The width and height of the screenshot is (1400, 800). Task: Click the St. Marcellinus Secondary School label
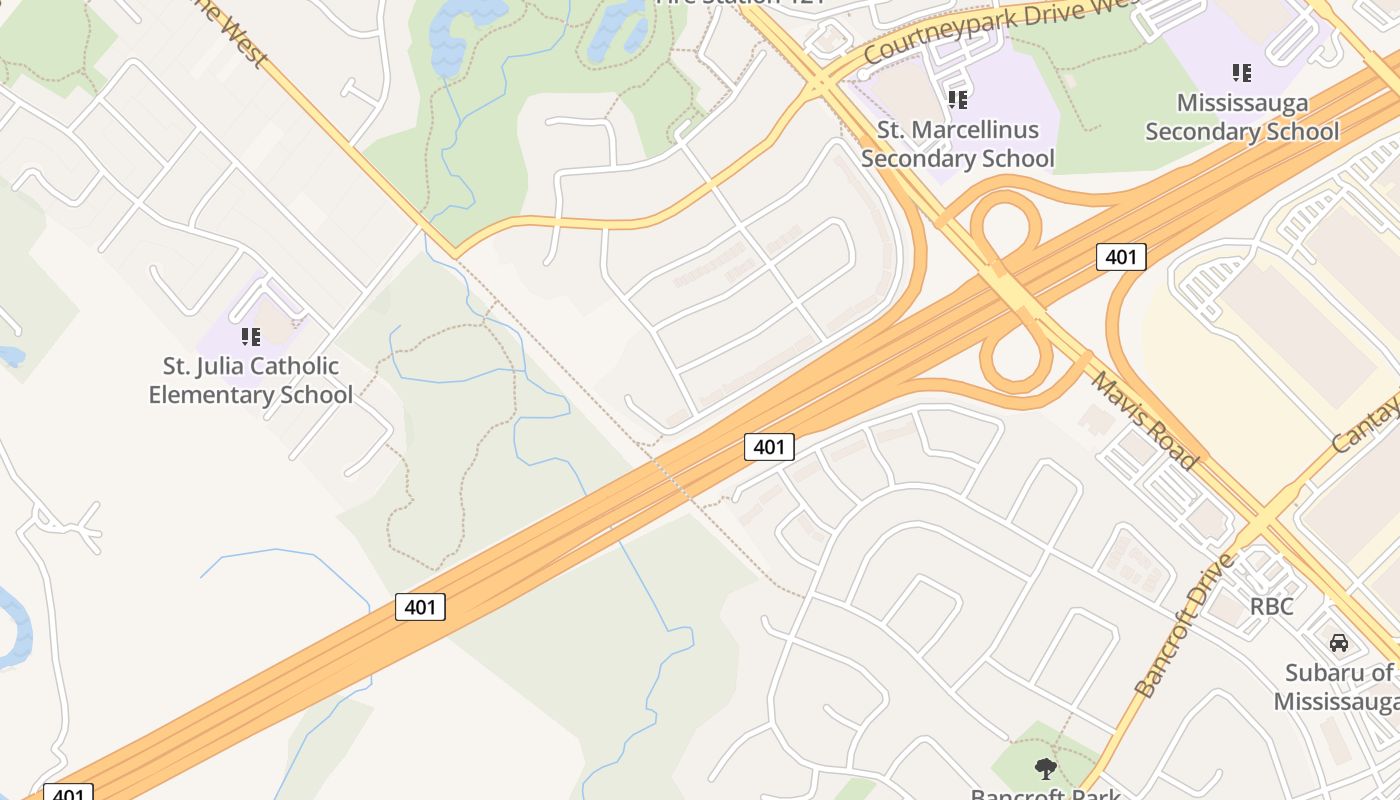[957, 144]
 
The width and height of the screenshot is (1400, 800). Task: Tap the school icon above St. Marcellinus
[958, 99]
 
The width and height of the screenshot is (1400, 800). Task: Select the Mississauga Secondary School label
[1241, 117]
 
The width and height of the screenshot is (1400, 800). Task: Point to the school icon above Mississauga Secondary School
[1242, 72]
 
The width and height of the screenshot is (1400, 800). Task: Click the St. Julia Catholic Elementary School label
[250, 380]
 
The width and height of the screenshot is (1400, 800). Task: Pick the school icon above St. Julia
[251, 336]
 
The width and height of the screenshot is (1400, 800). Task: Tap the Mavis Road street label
[1143, 420]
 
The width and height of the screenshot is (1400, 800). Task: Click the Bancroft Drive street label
[1186, 626]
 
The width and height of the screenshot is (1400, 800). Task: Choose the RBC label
[1271, 606]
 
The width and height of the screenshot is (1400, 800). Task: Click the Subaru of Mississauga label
[1338, 686]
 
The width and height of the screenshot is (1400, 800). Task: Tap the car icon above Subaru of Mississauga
[1338, 642]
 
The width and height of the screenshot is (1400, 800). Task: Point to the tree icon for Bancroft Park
[1046, 769]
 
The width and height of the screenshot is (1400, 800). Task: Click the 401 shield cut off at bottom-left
[68, 794]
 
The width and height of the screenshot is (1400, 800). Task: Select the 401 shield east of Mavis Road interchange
[1121, 257]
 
